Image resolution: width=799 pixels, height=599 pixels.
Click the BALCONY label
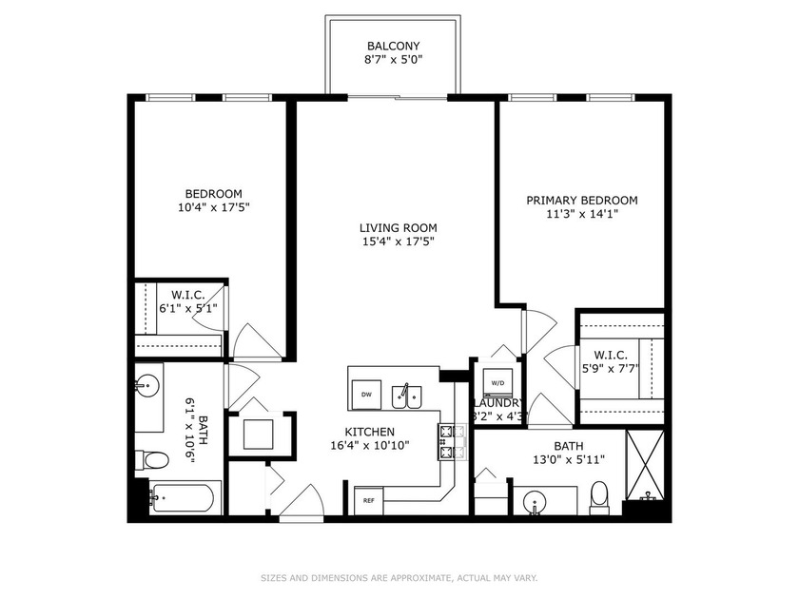393,46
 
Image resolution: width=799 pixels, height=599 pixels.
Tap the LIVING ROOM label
398,227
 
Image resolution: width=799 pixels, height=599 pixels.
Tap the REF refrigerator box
368,499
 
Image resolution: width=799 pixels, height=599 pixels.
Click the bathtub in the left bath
185,496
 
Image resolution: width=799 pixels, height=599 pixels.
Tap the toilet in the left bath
152,460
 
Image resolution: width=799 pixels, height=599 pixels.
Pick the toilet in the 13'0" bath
599,497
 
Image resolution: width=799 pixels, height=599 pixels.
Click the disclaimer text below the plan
399,577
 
